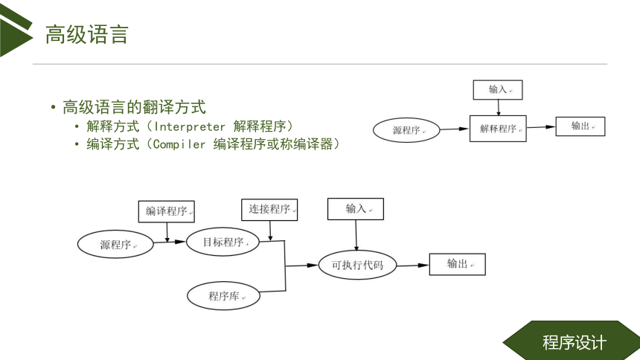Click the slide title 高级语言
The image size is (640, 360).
click(x=87, y=34)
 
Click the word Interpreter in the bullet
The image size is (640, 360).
click(x=189, y=126)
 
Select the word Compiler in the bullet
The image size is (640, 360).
click(x=179, y=144)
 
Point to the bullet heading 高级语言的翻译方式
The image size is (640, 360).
click(x=134, y=107)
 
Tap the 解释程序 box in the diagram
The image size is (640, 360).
click(x=498, y=129)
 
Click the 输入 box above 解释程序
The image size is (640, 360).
click(x=498, y=90)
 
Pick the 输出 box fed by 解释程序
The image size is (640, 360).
click(x=580, y=126)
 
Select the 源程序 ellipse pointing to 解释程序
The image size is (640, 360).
click(x=406, y=130)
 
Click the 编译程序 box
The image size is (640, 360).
click(x=166, y=211)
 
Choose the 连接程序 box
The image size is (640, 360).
click(x=269, y=210)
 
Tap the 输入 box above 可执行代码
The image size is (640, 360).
click(x=356, y=209)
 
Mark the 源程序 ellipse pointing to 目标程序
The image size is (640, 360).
click(x=115, y=244)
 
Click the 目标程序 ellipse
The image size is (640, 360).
click(x=223, y=242)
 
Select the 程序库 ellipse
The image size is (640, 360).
click(x=224, y=295)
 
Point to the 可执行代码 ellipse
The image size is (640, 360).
click(x=357, y=265)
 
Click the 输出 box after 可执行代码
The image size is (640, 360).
click(x=457, y=264)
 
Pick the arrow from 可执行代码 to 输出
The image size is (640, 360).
click(x=413, y=266)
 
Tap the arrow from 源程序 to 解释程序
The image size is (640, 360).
click(x=454, y=129)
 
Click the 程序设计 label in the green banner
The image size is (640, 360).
click(x=574, y=342)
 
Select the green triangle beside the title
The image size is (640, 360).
click(x=14, y=33)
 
